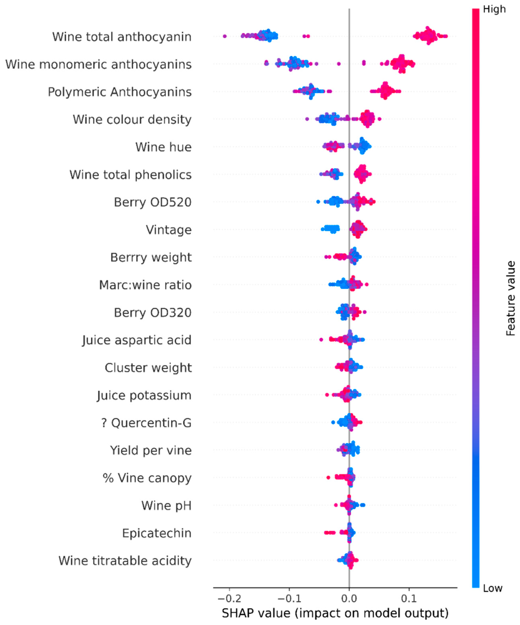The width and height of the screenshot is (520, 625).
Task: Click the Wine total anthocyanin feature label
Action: (x=122, y=37)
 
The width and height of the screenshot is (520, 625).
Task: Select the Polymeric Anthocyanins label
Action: (x=120, y=92)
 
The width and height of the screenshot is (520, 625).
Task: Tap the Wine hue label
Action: (x=163, y=147)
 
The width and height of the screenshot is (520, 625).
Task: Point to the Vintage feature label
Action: (x=169, y=230)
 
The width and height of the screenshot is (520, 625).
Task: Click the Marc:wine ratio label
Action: (x=145, y=285)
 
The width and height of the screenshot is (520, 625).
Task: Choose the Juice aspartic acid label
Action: (x=137, y=340)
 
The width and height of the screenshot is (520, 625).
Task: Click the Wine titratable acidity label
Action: (x=125, y=561)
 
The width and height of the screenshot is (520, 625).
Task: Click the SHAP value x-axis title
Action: (x=335, y=613)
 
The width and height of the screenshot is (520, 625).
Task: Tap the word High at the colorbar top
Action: (x=494, y=9)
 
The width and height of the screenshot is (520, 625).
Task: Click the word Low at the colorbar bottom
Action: (x=493, y=588)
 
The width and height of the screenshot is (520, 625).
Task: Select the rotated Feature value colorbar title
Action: (x=510, y=298)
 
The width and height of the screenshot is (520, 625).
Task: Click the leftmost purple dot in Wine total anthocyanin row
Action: (x=225, y=36)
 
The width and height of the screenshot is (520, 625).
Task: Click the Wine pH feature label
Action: (x=166, y=506)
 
